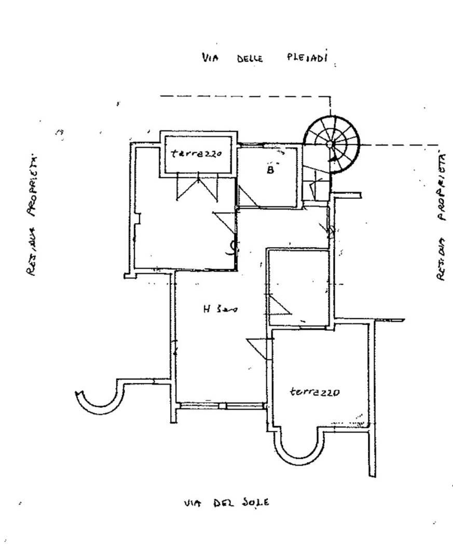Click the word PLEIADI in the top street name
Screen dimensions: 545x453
coord(307,57)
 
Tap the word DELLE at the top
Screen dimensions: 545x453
coord(250,58)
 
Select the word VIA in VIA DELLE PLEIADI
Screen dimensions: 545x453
coord(210,58)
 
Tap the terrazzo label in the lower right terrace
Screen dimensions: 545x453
coord(314,392)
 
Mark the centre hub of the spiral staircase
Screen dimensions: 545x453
coord(331,144)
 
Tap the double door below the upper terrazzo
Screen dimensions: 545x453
coord(198,187)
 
